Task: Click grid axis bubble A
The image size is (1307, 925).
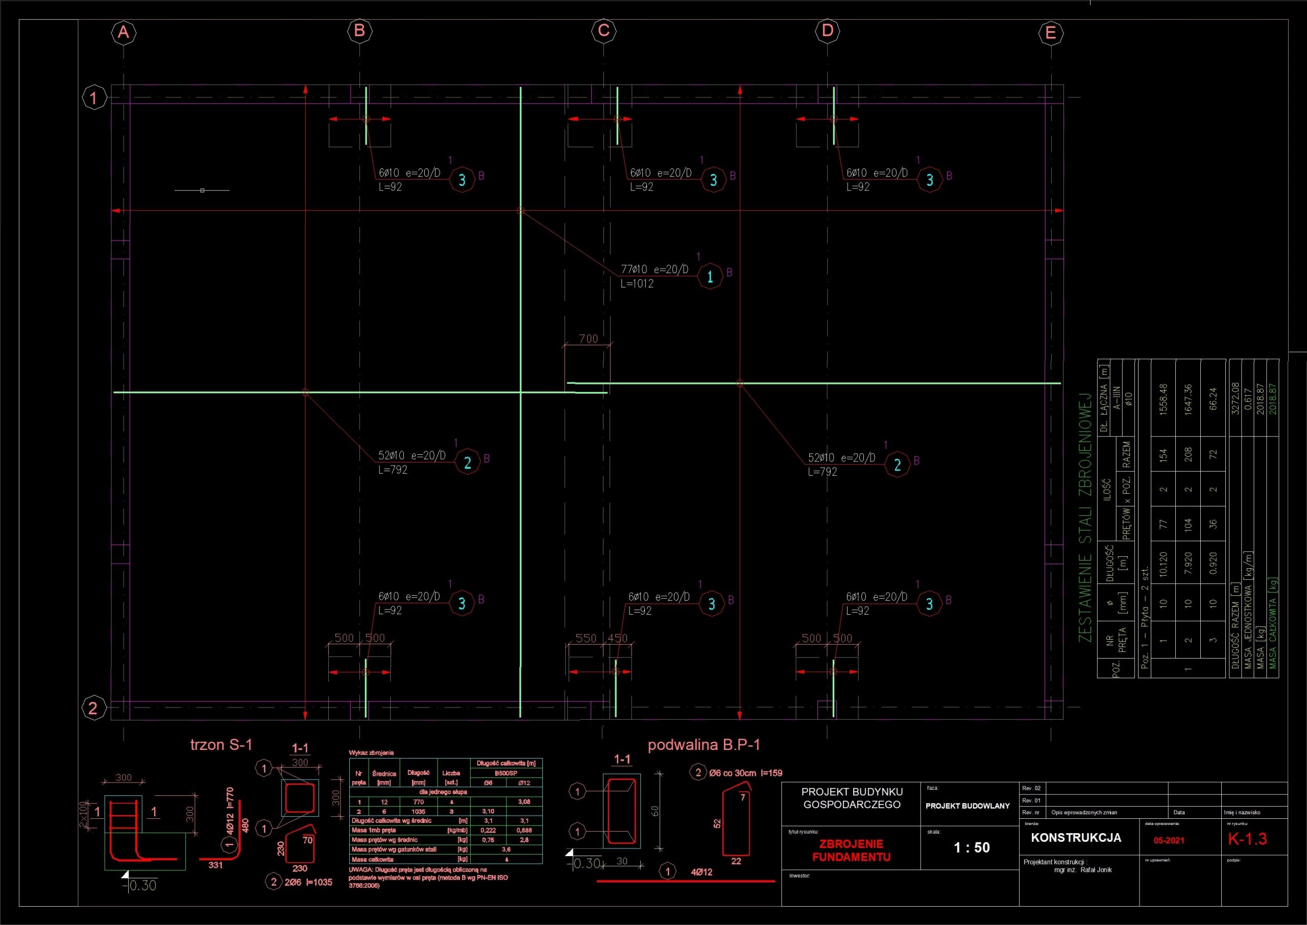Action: point(124,33)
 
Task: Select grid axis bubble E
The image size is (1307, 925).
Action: point(1051,33)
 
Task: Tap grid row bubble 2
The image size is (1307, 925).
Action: point(93,708)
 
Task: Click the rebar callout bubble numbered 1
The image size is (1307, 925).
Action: point(710,277)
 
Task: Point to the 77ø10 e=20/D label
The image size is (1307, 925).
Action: point(655,270)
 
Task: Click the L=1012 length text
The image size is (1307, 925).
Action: point(637,284)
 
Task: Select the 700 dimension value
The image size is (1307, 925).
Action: point(588,339)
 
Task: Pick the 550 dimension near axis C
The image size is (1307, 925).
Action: point(586,639)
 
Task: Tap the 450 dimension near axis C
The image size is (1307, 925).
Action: point(617,639)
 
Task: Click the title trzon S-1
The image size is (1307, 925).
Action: point(221,744)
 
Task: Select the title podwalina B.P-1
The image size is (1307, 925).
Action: point(704,744)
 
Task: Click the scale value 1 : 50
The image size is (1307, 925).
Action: point(972,847)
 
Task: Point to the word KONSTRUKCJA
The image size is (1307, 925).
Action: point(1076,838)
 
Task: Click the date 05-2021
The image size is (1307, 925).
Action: point(1169,841)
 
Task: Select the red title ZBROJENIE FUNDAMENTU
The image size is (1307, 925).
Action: point(851,850)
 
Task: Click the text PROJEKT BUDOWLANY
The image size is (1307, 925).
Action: point(967,806)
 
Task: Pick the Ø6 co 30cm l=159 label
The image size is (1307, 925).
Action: point(745,773)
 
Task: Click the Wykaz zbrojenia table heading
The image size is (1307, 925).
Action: point(371,753)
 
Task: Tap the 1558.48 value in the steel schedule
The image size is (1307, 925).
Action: point(1164,399)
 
